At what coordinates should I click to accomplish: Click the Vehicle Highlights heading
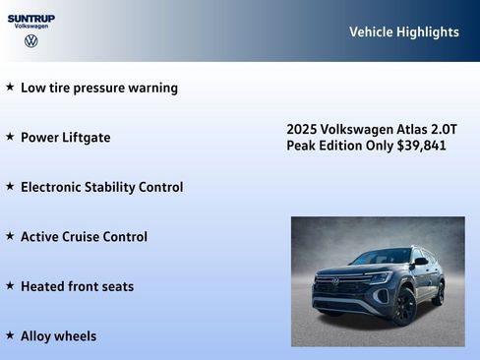(x=403, y=31)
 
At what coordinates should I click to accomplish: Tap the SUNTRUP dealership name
(x=31, y=18)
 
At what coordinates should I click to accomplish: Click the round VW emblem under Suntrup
(x=31, y=41)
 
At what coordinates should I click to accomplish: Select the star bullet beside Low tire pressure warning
(x=10, y=87)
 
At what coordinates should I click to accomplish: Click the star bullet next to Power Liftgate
(x=10, y=137)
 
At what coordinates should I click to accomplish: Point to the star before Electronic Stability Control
(x=10, y=186)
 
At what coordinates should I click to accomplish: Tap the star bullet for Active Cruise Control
(x=10, y=236)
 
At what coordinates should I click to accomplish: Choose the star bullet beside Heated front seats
(x=10, y=285)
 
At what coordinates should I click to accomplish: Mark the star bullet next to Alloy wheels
(x=10, y=335)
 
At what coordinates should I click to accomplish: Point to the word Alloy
(x=38, y=336)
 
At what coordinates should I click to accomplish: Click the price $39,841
(x=422, y=146)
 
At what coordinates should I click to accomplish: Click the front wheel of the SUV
(x=404, y=306)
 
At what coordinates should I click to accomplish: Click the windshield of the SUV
(x=380, y=258)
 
